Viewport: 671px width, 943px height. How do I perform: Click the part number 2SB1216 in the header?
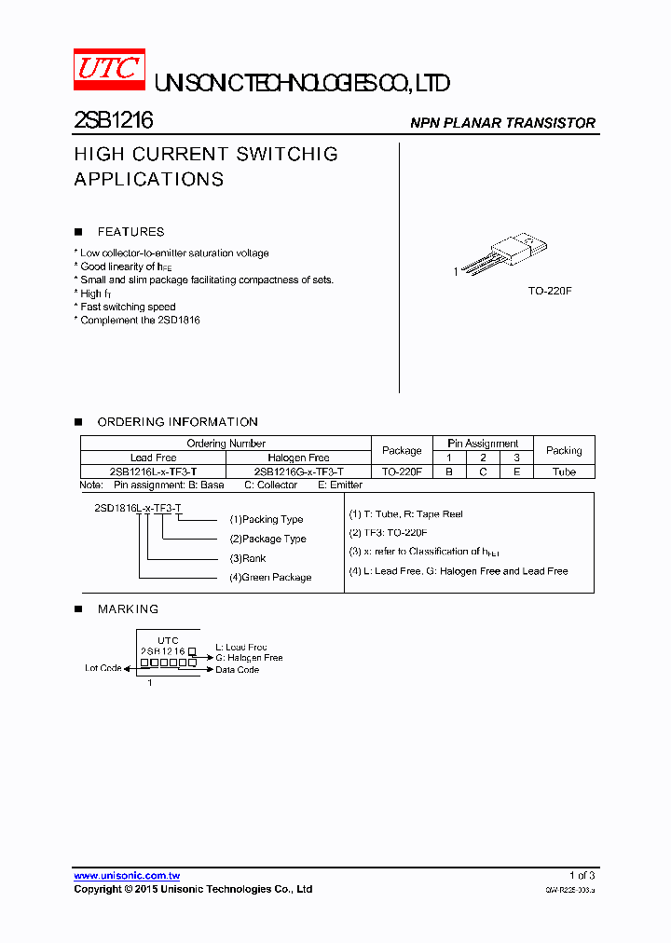114,121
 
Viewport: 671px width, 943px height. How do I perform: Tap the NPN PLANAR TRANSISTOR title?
503,123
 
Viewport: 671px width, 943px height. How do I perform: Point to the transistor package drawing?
500,253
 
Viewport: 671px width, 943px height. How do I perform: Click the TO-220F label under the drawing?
550,292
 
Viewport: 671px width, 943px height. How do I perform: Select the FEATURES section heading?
130,232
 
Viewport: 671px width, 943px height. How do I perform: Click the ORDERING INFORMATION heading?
177,422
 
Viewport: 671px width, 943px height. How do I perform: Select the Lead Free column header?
154,458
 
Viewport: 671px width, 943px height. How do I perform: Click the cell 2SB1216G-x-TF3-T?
298,471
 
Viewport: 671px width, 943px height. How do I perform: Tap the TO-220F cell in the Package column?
402,471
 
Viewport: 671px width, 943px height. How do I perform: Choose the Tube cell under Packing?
564,471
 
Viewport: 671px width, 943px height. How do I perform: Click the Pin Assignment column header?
483,444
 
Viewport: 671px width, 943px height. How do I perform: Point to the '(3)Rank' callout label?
248,558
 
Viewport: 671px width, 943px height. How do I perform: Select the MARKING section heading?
128,609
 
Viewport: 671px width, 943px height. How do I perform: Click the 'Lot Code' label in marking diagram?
103,668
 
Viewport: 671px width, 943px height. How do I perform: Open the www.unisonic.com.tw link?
127,876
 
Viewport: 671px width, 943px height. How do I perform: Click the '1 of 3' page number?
582,876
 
